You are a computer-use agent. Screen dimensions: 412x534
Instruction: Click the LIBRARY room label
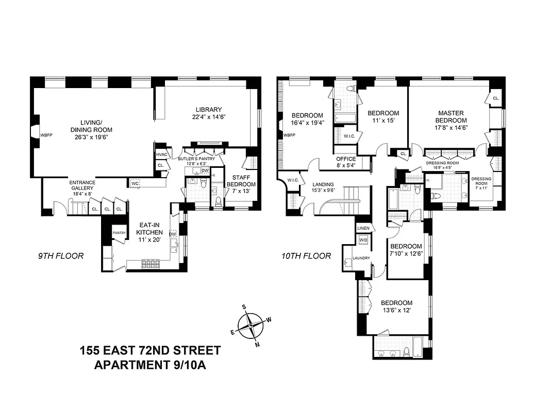click(208, 109)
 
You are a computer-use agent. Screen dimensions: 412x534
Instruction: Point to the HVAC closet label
click(160, 154)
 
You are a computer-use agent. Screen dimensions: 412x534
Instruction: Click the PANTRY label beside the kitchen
click(119, 233)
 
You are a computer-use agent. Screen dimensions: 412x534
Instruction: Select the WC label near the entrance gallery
click(135, 183)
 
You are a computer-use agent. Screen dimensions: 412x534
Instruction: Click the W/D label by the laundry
click(363, 240)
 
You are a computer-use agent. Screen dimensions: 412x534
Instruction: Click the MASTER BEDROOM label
click(451, 117)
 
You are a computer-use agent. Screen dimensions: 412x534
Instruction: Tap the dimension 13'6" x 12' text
click(397, 311)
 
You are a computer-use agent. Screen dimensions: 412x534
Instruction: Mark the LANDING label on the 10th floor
click(323, 184)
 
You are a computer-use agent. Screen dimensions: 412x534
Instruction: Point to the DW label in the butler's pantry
click(205, 170)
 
